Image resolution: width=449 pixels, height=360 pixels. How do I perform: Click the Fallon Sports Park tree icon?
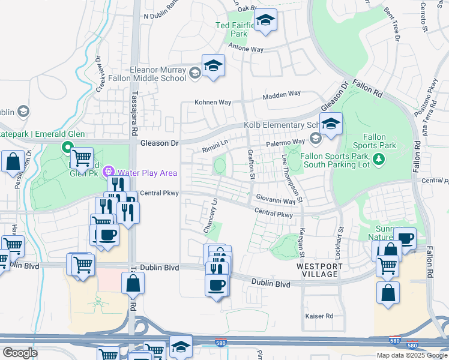(x=378, y=159)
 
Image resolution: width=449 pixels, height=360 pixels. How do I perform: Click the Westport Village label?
(x=319, y=270)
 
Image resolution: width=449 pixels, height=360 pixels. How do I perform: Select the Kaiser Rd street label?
(x=319, y=316)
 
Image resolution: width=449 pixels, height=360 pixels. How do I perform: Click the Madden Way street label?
(x=282, y=94)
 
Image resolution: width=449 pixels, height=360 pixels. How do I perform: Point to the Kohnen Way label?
(x=212, y=103)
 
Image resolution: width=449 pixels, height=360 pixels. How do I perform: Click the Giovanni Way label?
(x=276, y=199)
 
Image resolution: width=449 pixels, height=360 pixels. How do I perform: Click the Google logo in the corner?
(x=20, y=353)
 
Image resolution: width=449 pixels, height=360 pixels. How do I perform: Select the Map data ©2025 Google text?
(x=411, y=355)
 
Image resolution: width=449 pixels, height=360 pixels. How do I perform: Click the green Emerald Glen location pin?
(x=67, y=147)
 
